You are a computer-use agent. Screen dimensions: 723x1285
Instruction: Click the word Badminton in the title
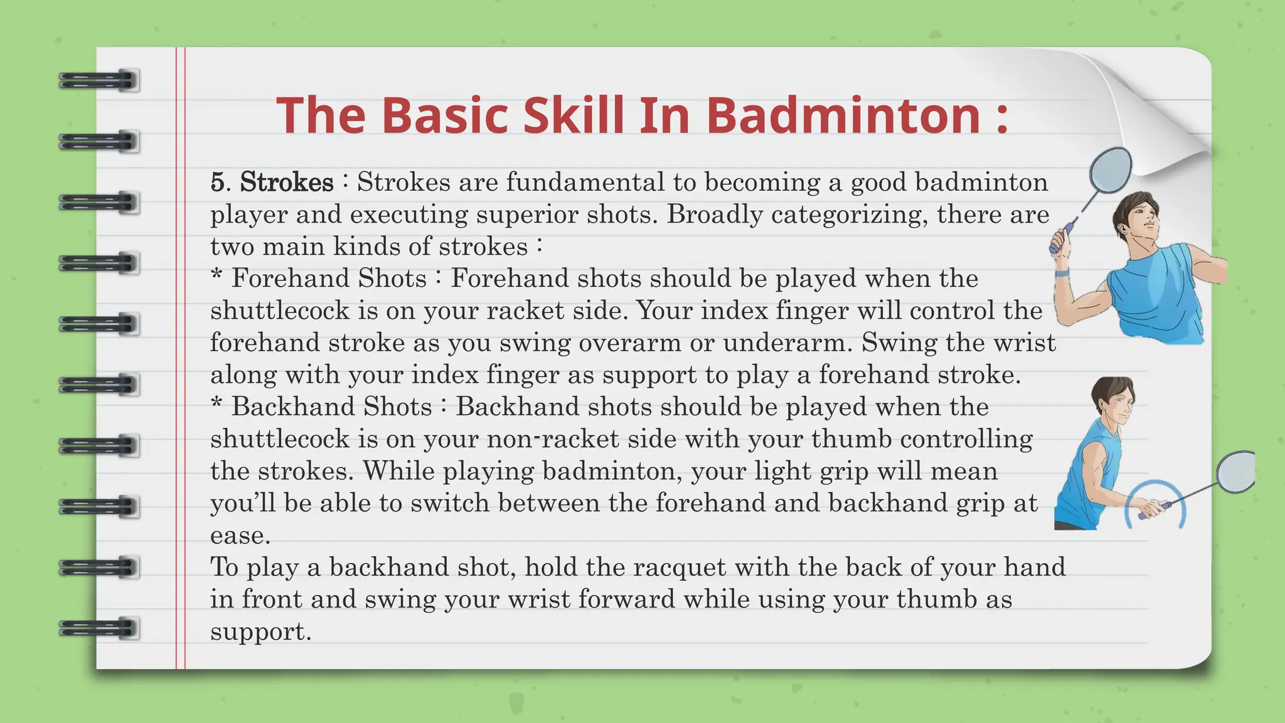(x=844, y=115)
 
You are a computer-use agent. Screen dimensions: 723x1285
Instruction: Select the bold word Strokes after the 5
(x=287, y=183)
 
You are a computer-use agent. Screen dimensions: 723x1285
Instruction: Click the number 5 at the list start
(x=217, y=183)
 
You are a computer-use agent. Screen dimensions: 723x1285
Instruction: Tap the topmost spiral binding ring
(x=99, y=81)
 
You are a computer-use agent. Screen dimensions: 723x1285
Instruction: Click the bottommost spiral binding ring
(x=99, y=628)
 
